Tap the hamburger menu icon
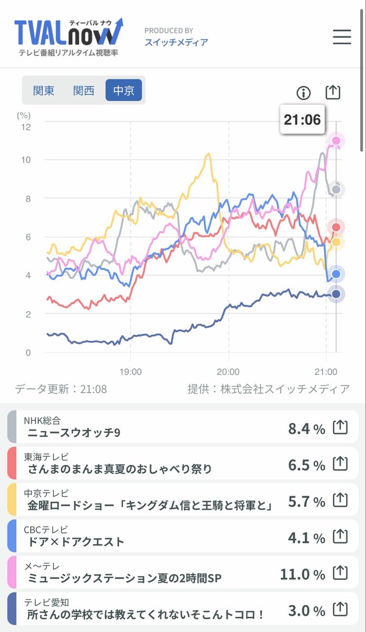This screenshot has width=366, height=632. pyautogui.click(x=342, y=37)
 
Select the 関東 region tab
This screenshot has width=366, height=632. pyautogui.click(x=44, y=91)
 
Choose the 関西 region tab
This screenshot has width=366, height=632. pyautogui.click(x=84, y=91)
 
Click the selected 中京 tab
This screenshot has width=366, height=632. pyautogui.click(x=124, y=90)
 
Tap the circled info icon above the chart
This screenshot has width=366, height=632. pyautogui.click(x=304, y=93)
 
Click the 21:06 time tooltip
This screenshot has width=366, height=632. pyautogui.click(x=302, y=120)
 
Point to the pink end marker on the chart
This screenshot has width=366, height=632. pyautogui.click(x=336, y=141)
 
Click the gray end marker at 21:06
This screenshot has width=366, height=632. pyautogui.click(x=336, y=189)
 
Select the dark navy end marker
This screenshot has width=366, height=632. pyautogui.click(x=336, y=294)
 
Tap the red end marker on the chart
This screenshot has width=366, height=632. pyautogui.click(x=336, y=227)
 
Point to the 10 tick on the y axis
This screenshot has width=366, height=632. pyautogui.click(x=26, y=160)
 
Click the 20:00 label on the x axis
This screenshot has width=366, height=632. pyautogui.click(x=228, y=372)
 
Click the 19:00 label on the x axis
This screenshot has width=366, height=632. pyautogui.click(x=131, y=372)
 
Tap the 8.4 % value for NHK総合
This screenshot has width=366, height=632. pyautogui.click(x=306, y=429)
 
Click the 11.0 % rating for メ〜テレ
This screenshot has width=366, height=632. pyautogui.click(x=302, y=575)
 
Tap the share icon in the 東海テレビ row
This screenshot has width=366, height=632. pyautogui.click(x=340, y=463)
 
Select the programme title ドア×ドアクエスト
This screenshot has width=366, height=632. pyautogui.click(x=76, y=542)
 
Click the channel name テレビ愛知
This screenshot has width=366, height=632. pyautogui.click(x=46, y=603)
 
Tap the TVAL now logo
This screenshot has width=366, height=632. pyautogui.click(x=69, y=37)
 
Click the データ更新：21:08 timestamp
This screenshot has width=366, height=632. pyautogui.click(x=61, y=389)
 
